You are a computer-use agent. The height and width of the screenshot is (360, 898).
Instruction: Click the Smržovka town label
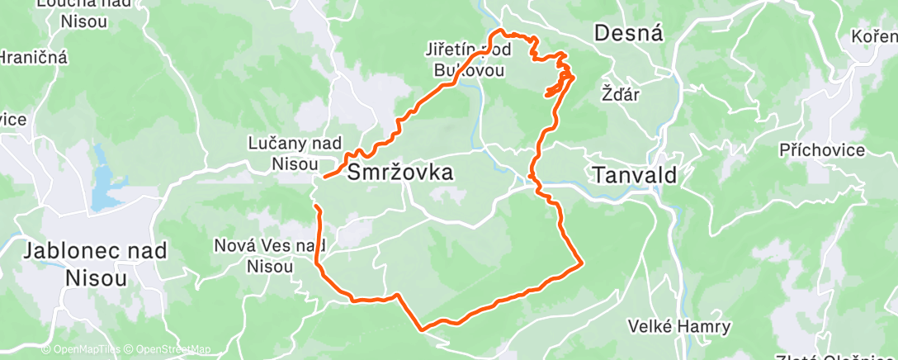[x=399, y=173]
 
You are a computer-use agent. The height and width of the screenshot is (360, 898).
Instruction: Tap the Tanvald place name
[x=634, y=175]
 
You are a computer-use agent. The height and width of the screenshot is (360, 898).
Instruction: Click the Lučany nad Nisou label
[x=295, y=153]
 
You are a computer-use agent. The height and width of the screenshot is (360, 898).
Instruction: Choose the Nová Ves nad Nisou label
[x=270, y=255]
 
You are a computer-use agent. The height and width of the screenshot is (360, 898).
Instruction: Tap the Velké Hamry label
[x=678, y=326]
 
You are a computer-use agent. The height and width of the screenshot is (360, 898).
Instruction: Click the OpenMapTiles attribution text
[x=84, y=350]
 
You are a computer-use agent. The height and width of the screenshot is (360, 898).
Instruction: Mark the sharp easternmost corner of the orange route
[x=583, y=263]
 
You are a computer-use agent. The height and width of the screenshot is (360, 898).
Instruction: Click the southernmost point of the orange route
[x=423, y=329]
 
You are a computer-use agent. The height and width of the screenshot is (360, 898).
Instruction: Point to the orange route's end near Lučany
[x=325, y=177]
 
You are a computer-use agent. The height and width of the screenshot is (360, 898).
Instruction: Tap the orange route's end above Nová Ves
[x=316, y=205]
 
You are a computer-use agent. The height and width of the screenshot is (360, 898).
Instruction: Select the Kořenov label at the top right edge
[x=875, y=37]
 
